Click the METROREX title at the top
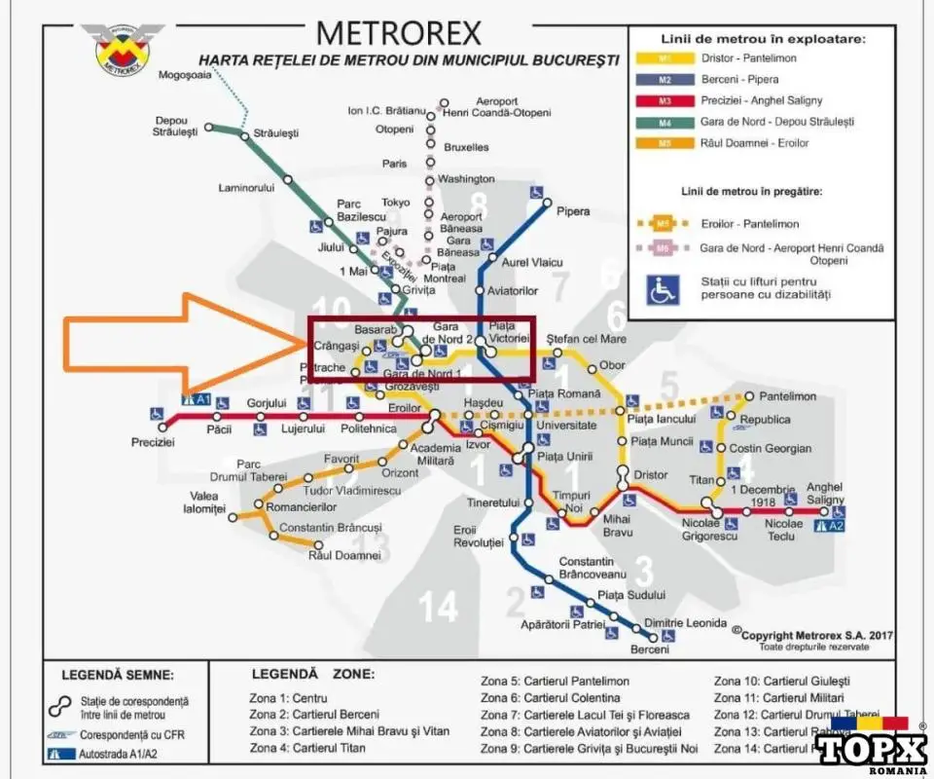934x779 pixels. pyautogui.click(x=399, y=33)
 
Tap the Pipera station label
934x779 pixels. pyautogui.click(x=573, y=210)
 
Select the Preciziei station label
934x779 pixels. pyautogui.click(x=153, y=441)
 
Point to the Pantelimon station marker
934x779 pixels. pyautogui.click(x=749, y=395)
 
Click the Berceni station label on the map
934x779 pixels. pyautogui.click(x=650, y=649)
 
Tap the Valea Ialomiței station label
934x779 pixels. pyautogui.click(x=207, y=502)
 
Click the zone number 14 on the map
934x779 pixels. pyautogui.click(x=438, y=608)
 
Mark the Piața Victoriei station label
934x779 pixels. pyautogui.click(x=508, y=331)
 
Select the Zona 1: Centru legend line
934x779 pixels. pyautogui.click(x=289, y=698)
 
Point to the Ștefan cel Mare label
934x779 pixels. pyautogui.click(x=587, y=339)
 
